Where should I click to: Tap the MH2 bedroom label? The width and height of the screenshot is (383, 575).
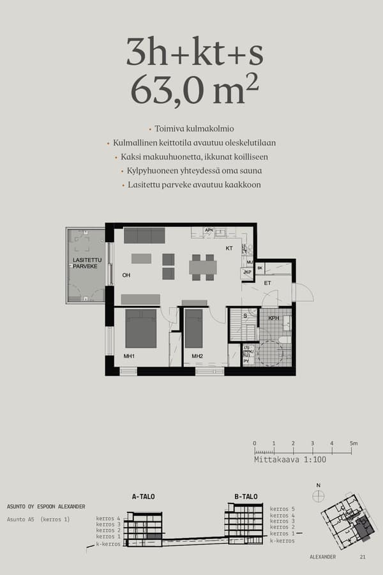(x=197, y=356)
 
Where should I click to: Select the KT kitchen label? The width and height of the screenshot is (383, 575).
(x=229, y=249)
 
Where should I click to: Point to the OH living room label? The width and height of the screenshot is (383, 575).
(x=126, y=275)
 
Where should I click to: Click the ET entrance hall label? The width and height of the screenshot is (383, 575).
(x=267, y=282)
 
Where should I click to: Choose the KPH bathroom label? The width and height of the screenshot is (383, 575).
(x=273, y=318)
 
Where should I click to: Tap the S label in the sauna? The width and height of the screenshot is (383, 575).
(x=245, y=316)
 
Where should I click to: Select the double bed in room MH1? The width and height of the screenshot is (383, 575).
(x=141, y=328)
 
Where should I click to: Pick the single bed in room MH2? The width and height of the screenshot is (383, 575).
(x=193, y=328)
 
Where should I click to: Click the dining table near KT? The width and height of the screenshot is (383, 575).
(x=203, y=267)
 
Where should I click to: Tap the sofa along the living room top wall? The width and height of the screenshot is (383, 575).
(x=144, y=235)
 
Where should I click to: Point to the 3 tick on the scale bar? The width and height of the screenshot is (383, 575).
(x=313, y=443)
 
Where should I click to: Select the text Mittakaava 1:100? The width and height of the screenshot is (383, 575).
(x=281, y=459)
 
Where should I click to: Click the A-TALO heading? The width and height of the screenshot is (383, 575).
(x=143, y=496)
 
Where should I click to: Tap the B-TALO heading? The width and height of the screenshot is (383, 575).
(x=246, y=496)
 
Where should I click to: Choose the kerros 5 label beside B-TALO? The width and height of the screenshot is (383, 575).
(x=282, y=509)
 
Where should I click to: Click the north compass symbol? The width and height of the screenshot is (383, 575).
(x=319, y=496)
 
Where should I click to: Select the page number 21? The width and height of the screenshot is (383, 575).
(x=363, y=557)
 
